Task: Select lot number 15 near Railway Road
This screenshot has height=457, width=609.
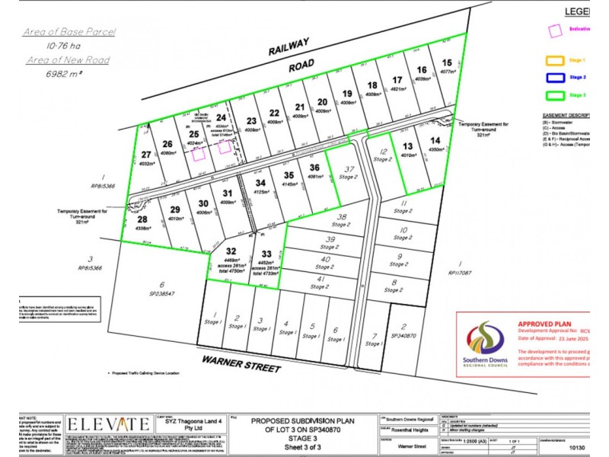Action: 447,63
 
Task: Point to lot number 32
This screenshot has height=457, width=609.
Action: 231,251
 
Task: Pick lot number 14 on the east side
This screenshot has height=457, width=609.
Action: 435,141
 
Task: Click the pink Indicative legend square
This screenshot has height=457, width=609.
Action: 556,28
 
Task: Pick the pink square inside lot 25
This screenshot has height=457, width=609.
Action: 198,154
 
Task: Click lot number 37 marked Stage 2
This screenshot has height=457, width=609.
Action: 347,169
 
